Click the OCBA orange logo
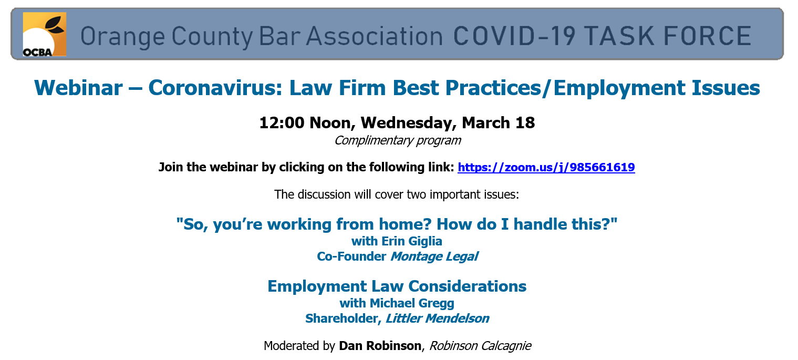(45, 34)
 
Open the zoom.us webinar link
(546, 167)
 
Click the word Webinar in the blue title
(78, 88)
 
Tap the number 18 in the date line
(525, 122)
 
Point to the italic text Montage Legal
(434, 256)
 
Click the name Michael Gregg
(412, 303)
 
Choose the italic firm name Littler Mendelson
(437, 318)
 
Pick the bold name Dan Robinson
(380, 346)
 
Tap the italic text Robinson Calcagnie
(480, 346)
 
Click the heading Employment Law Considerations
(397, 286)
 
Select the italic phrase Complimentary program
(398, 140)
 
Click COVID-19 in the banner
(514, 36)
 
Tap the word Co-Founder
(351, 256)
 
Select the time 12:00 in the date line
(282, 122)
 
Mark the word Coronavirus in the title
(215, 88)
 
